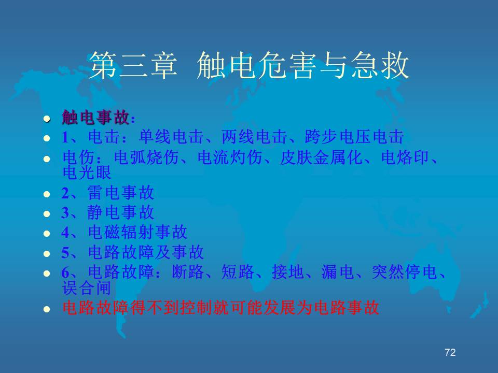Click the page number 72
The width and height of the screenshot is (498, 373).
click(x=450, y=352)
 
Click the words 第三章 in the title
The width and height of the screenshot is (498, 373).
click(x=133, y=65)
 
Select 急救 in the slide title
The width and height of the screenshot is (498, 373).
click(x=380, y=65)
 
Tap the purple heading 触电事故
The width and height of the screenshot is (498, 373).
click(x=95, y=118)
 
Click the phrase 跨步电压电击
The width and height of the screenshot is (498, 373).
click(x=354, y=137)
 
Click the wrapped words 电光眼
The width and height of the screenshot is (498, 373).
click(x=87, y=172)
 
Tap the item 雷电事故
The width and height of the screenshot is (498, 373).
click(x=121, y=193)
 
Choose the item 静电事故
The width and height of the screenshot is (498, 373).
click(x=121, y=212)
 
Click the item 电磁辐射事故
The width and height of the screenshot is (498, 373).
click(x=137, y=232)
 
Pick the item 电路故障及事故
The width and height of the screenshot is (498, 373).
click(x=146, y=252)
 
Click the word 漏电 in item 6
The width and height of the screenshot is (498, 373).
click(x=337, y=272)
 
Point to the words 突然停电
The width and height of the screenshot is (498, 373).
click(x=404, y=272)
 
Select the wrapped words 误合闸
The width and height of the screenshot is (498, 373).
click(x=87, y=288)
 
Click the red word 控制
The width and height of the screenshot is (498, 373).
click(x=196, y=307)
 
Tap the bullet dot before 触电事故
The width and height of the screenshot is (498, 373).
click(x=47, y=119)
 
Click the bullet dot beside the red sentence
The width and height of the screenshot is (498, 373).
click(x=47, y=309)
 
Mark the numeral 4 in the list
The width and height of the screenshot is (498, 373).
click(x=65, y=233)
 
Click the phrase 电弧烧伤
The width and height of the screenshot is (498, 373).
click(x=146, y=157)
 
